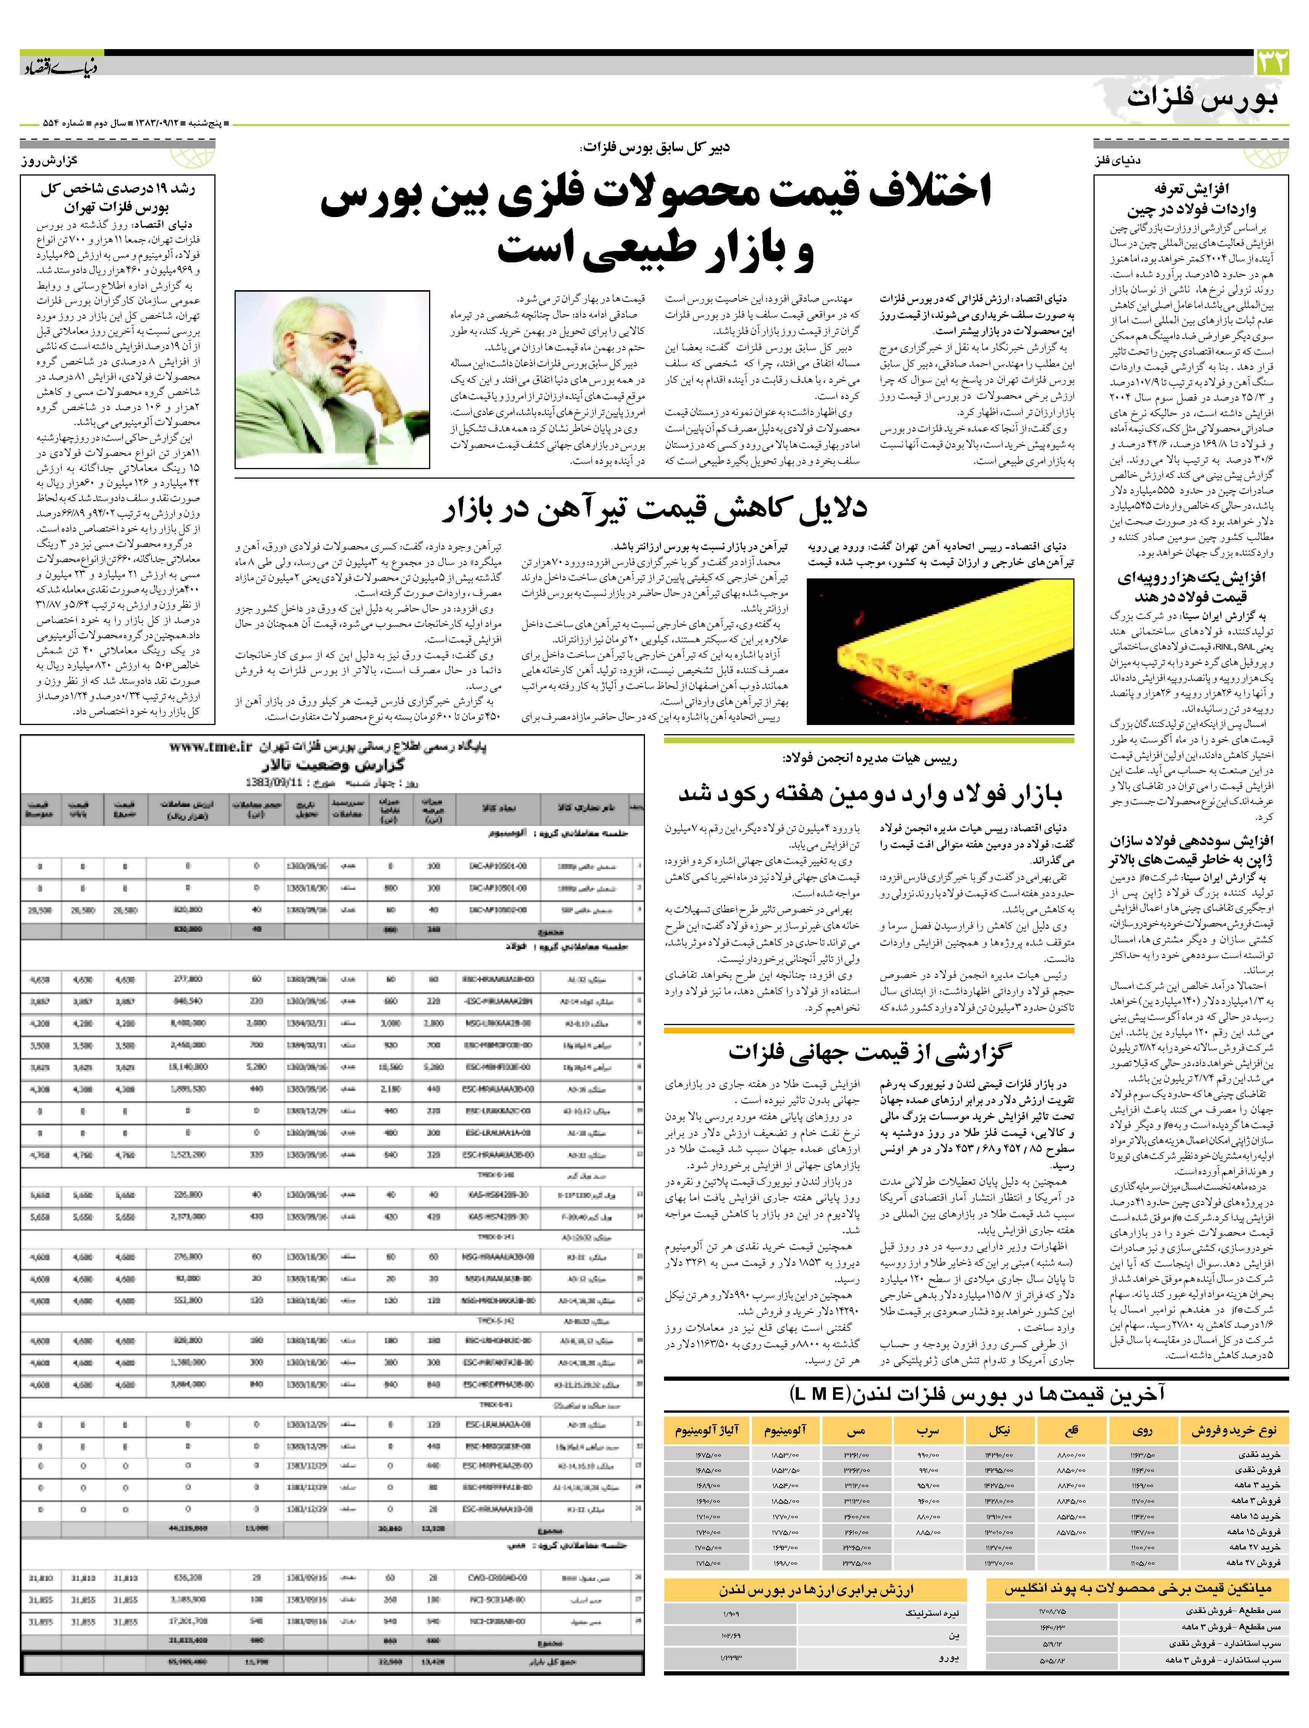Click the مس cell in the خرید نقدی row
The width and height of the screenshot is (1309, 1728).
857,1455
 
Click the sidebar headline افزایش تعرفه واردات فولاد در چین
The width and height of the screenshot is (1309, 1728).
1191,199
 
